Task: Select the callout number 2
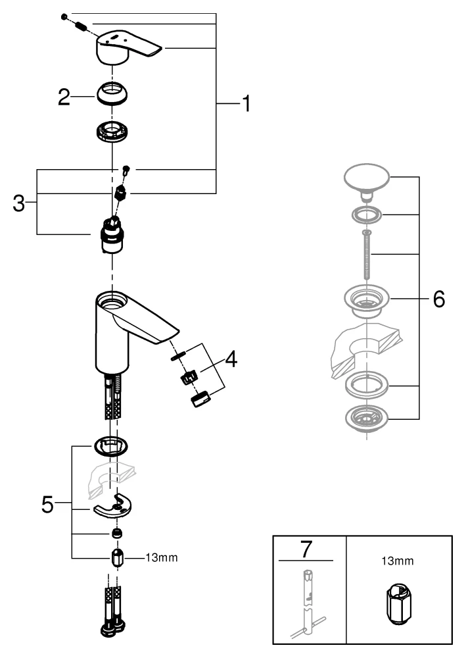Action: pos(64,98)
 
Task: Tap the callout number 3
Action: pos(20,203)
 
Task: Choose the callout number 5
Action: pos(47,504)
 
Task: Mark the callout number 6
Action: pos(438,299)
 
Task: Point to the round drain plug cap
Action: pos(367,178)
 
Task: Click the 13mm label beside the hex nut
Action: pos(161,557)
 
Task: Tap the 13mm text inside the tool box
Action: pos(397,563)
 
